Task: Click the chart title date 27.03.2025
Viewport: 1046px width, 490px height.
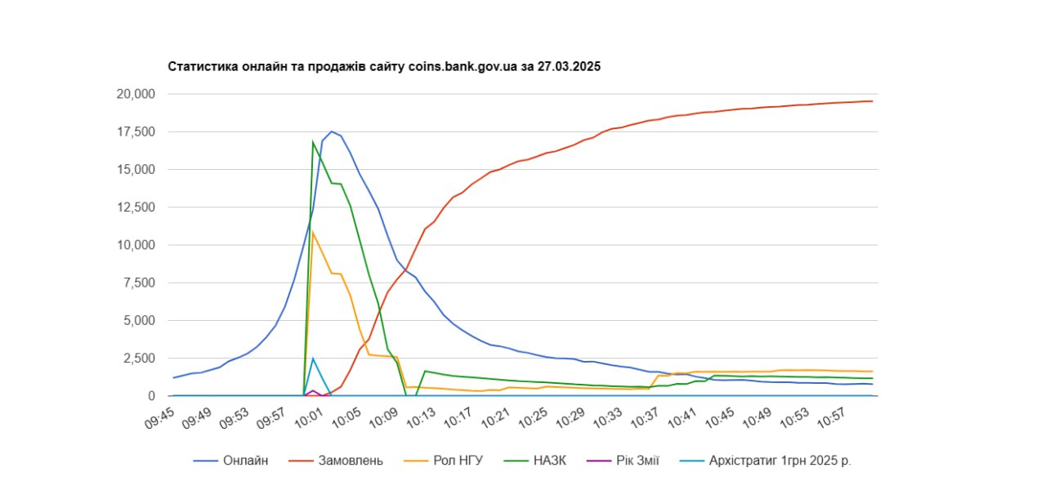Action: click(569, 67)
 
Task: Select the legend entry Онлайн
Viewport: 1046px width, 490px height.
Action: click(245, 461)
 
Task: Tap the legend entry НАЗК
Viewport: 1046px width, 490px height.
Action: click(548, 461)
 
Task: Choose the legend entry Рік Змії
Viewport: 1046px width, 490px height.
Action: click(638, 461)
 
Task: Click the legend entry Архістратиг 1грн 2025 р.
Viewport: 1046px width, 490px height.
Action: click(780, 461)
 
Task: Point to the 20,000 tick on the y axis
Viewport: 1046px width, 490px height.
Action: click(135, 94)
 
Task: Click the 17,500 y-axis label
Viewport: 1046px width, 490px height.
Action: click(135, 131)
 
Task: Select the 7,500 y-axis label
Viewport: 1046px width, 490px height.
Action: click(139, 283)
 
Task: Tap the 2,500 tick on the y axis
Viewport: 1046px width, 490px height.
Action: click(139, 359)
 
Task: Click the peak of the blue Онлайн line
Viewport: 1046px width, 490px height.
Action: click(332, 131)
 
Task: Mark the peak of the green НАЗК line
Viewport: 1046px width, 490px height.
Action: click(313, 142)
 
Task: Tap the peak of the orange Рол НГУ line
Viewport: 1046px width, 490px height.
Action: click(313, 233)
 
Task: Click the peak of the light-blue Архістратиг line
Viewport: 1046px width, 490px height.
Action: click(313, 358)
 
